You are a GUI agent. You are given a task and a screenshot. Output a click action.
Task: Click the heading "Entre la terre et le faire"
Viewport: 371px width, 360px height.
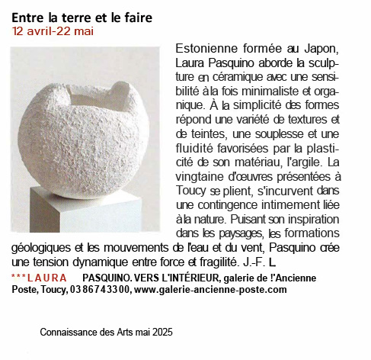pyautogui.click(x=82, y=17)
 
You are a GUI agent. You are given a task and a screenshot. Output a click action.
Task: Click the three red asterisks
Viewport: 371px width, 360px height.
pyautogui.click(x=19, y=278)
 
